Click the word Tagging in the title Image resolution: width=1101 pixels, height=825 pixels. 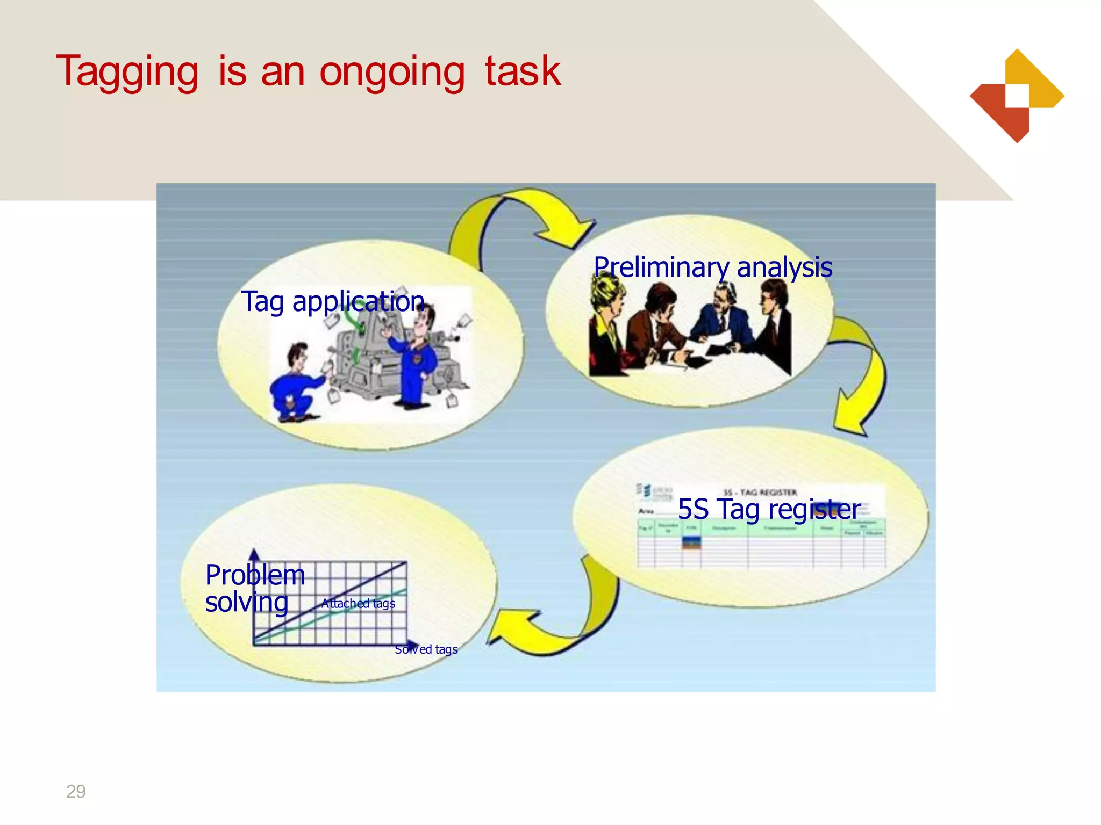pos(127,71)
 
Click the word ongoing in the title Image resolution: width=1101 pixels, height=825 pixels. pos(392,71)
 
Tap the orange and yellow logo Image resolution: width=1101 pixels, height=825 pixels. pos(1017,96)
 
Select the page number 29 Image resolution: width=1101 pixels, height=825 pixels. pos(76,791)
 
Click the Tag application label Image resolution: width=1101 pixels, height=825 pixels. pos(333,301)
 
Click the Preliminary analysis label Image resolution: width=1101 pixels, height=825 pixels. pos(713,267)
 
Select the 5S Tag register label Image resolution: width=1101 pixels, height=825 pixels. pos(769,509)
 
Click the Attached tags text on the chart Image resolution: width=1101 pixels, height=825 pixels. pos(358,603)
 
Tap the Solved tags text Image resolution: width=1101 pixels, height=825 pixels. pos(426,649)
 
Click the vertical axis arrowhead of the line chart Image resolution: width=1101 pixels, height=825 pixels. pos(255,554)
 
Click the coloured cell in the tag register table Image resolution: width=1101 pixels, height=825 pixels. pos(691,542)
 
